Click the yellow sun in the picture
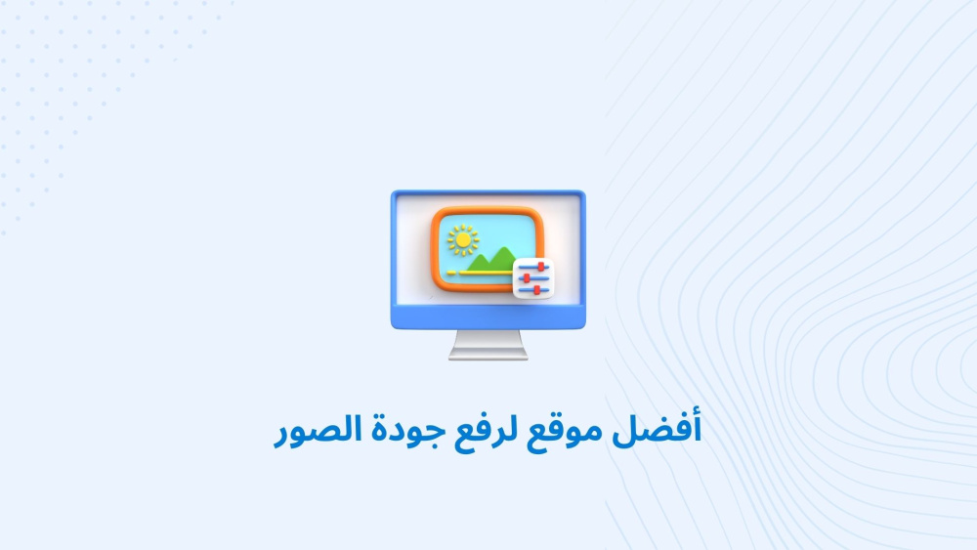click(x=463, y=239)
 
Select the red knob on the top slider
click(x=541, y=268)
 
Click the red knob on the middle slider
click(x=528, y=278)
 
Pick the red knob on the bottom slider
click(x=537, y=289)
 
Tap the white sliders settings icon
click(x=533, y=278)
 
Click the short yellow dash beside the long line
click(x=451, y=273)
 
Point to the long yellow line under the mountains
click(x=486, y=273)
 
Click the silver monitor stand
click(x=488, y=345)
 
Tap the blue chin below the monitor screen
click(x=488, y=317)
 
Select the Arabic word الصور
click(x=319, y=430)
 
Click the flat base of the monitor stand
click(x=488, y=356)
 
